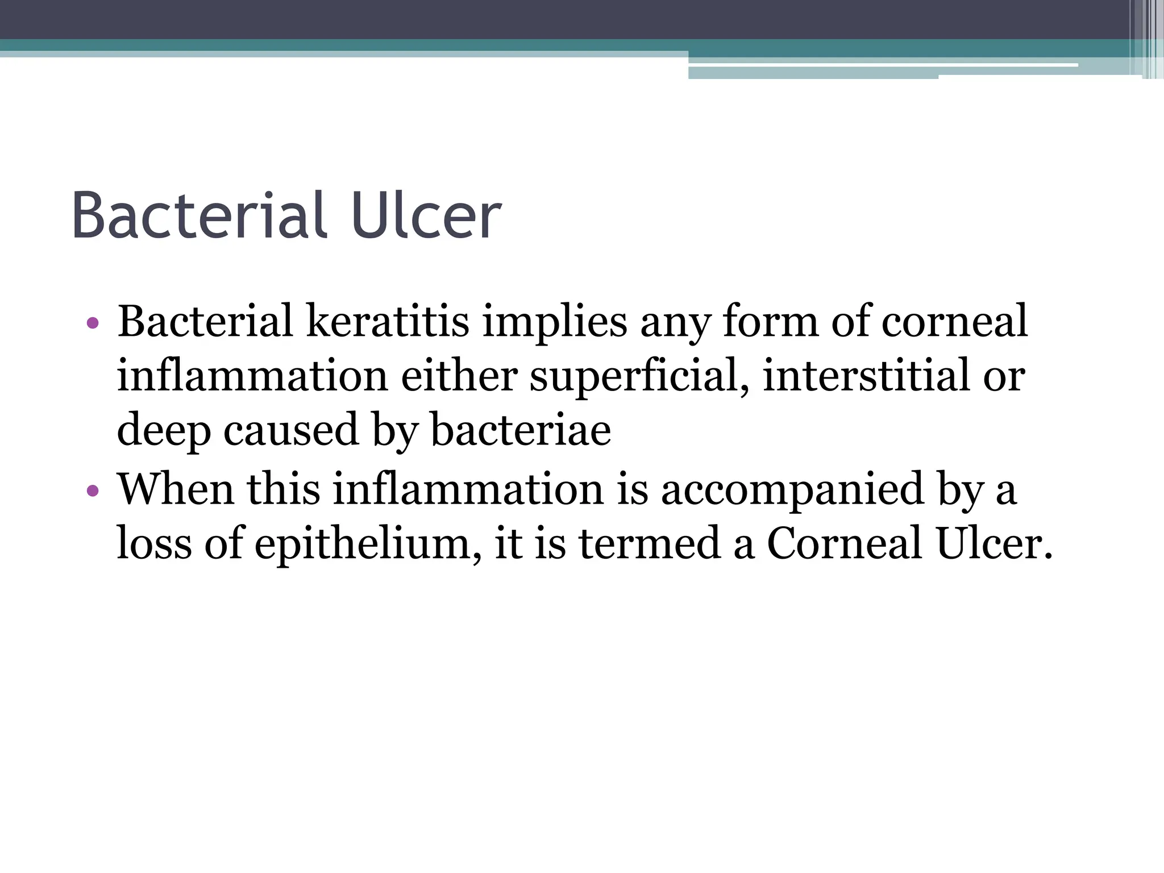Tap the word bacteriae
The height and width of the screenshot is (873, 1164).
(521, 430)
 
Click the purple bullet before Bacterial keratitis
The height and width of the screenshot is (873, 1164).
(93, 323)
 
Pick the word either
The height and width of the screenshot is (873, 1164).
(459, 376)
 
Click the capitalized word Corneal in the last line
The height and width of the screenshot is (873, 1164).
(844, 543)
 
